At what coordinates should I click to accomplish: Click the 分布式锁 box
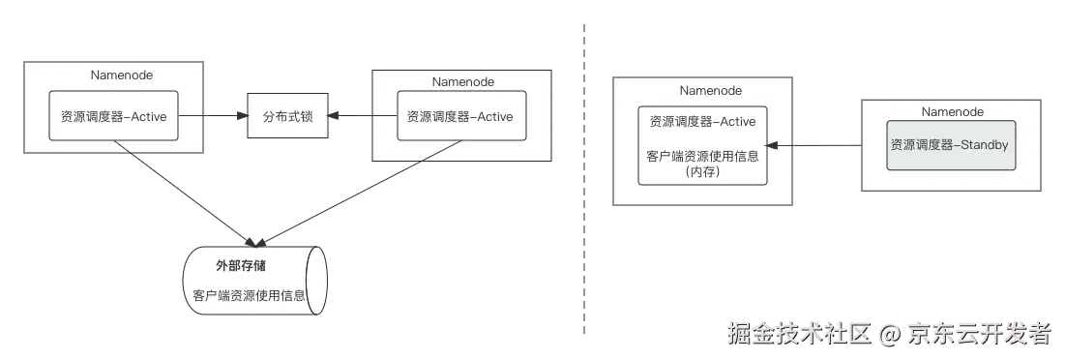[x=287, y=116]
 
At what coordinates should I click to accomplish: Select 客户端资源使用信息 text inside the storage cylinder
[x=249, y=296]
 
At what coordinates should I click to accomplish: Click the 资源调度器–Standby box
[x=951, y=145]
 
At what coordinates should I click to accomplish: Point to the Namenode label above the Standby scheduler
[x=952, y=112]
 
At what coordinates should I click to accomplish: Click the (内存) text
[x=702, y=173]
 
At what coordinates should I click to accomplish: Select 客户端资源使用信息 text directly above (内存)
[x=702, y=156]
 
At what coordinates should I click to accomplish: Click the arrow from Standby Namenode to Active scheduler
[x=814, y=145]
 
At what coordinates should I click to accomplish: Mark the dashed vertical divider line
[x=584, y=179]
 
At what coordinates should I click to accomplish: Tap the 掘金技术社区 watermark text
[x=800, y=334]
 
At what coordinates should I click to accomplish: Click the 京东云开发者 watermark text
[x=980, y=334]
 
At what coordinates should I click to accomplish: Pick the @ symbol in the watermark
[x=891, y=335]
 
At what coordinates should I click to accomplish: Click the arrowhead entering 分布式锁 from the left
[x=241, y=116]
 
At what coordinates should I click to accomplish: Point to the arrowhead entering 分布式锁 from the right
[x=334, y=116]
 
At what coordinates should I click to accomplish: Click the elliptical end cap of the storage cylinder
[x=316, y=281]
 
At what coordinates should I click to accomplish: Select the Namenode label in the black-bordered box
[x=463, y=82]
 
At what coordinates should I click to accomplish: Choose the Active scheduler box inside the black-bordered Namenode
[x=461, y=116]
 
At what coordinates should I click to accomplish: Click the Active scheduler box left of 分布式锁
[x=114, y=116]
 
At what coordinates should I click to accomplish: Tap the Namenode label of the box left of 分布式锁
[x=122, y=75]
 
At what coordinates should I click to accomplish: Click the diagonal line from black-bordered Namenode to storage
[x=360, y=193]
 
